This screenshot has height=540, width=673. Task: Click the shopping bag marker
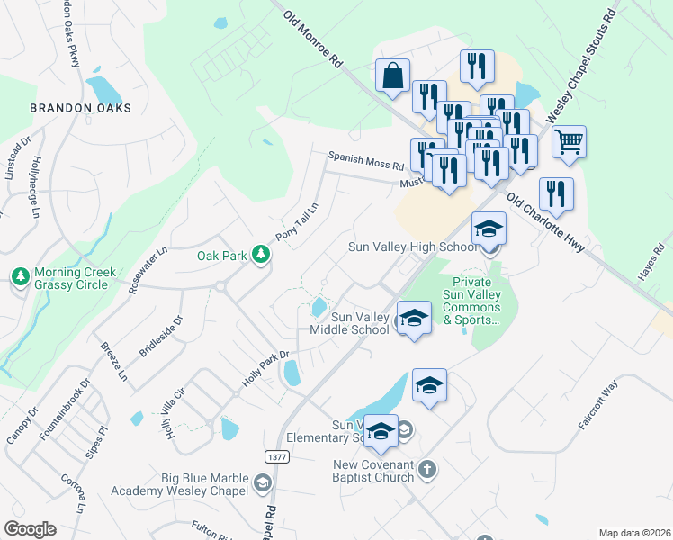(x=392, y=76)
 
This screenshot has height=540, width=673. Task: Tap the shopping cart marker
(x=569, y=142)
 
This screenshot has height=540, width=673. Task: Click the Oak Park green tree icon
(x=261, y=256)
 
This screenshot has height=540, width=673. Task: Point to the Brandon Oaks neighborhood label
(x=80, y=108)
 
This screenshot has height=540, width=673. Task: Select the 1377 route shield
(x=277, y=457)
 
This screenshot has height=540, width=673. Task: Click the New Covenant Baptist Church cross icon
(x=427, y=469)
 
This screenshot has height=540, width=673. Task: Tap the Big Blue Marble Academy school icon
(x=261, y=484)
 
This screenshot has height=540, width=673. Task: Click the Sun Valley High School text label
(x=414, y=247)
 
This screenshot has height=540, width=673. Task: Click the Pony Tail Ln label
(x=298, y=217)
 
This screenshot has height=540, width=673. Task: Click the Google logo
(x=30, y=528)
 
